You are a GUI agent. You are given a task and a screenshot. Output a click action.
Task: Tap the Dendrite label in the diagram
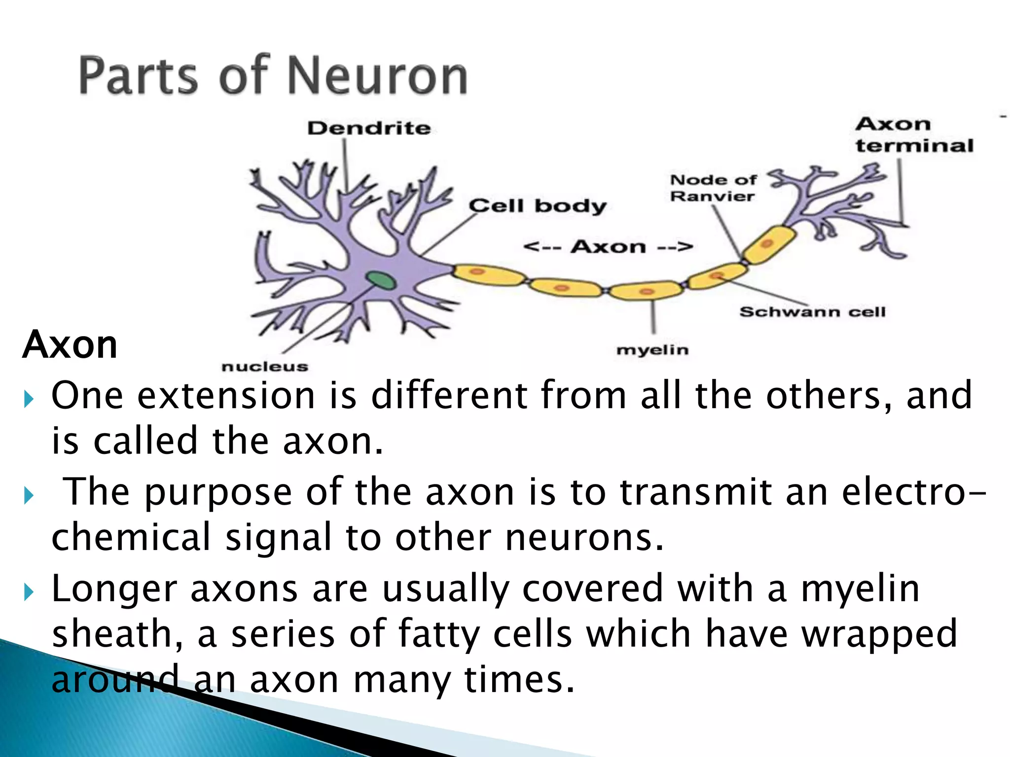(369, 128)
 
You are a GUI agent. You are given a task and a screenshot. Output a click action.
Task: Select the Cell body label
(537, 206)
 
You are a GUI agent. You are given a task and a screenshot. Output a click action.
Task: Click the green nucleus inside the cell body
(380, 281)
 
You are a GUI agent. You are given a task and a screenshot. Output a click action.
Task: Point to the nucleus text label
(264, 367)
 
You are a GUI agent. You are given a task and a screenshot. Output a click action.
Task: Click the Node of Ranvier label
(713, 188)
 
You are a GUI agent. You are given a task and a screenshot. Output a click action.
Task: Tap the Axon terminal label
(914, 135)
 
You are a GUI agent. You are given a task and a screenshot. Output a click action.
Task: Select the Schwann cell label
(812, 312)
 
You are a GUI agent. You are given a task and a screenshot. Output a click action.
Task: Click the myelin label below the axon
(652, 350)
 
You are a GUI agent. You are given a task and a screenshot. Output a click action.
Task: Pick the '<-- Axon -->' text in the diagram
(608, 246)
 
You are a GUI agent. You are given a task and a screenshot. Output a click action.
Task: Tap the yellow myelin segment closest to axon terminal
(768, 244)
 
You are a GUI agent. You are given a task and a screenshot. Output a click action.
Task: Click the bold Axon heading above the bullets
(70, 344)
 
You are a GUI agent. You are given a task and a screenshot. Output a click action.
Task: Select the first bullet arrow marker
(29, 398)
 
